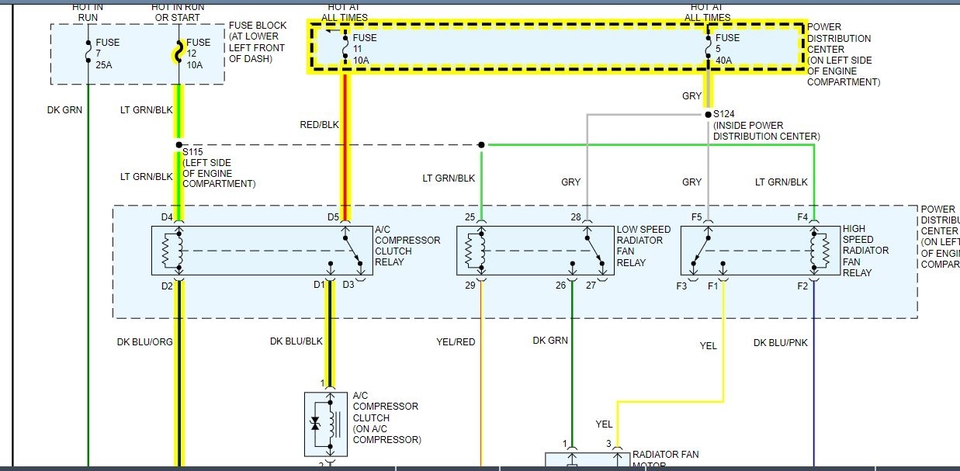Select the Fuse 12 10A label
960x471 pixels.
pyautogui.click(x=198, y=54)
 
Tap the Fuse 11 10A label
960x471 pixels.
pyautogui.click(x=364, y=49)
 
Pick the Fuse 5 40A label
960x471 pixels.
pyautogui.click(x=727, y=49)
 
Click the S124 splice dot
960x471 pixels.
pyautogui.click(x=708, y=114)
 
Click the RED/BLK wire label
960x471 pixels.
pyautogui.click(x=319, y=124)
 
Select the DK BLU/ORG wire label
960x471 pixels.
pyautogui.click(x=146, y=341)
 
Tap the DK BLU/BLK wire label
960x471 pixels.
pyautogui.click(x=296, y=341)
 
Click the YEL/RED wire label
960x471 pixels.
pyautogui.click(x=456, y=341)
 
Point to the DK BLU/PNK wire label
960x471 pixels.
pyautogui.click(x=780, y=341)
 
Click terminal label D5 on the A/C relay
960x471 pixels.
pyautogui.click(x=333, y=217)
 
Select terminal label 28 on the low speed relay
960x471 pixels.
pyautogui.click(x=575, y=217)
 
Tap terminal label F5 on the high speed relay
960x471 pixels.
pyautogui.click(x=696, y=217)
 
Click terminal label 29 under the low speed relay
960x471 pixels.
pyautogui.click(x=470, y=286)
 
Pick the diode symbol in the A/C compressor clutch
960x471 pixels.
pyautogui.click(x=315, y=424)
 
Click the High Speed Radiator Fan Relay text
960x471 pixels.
pyautogui.click(x=865, y=251)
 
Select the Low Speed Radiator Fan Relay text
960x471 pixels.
pyautogui.click(x=643, y=246)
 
